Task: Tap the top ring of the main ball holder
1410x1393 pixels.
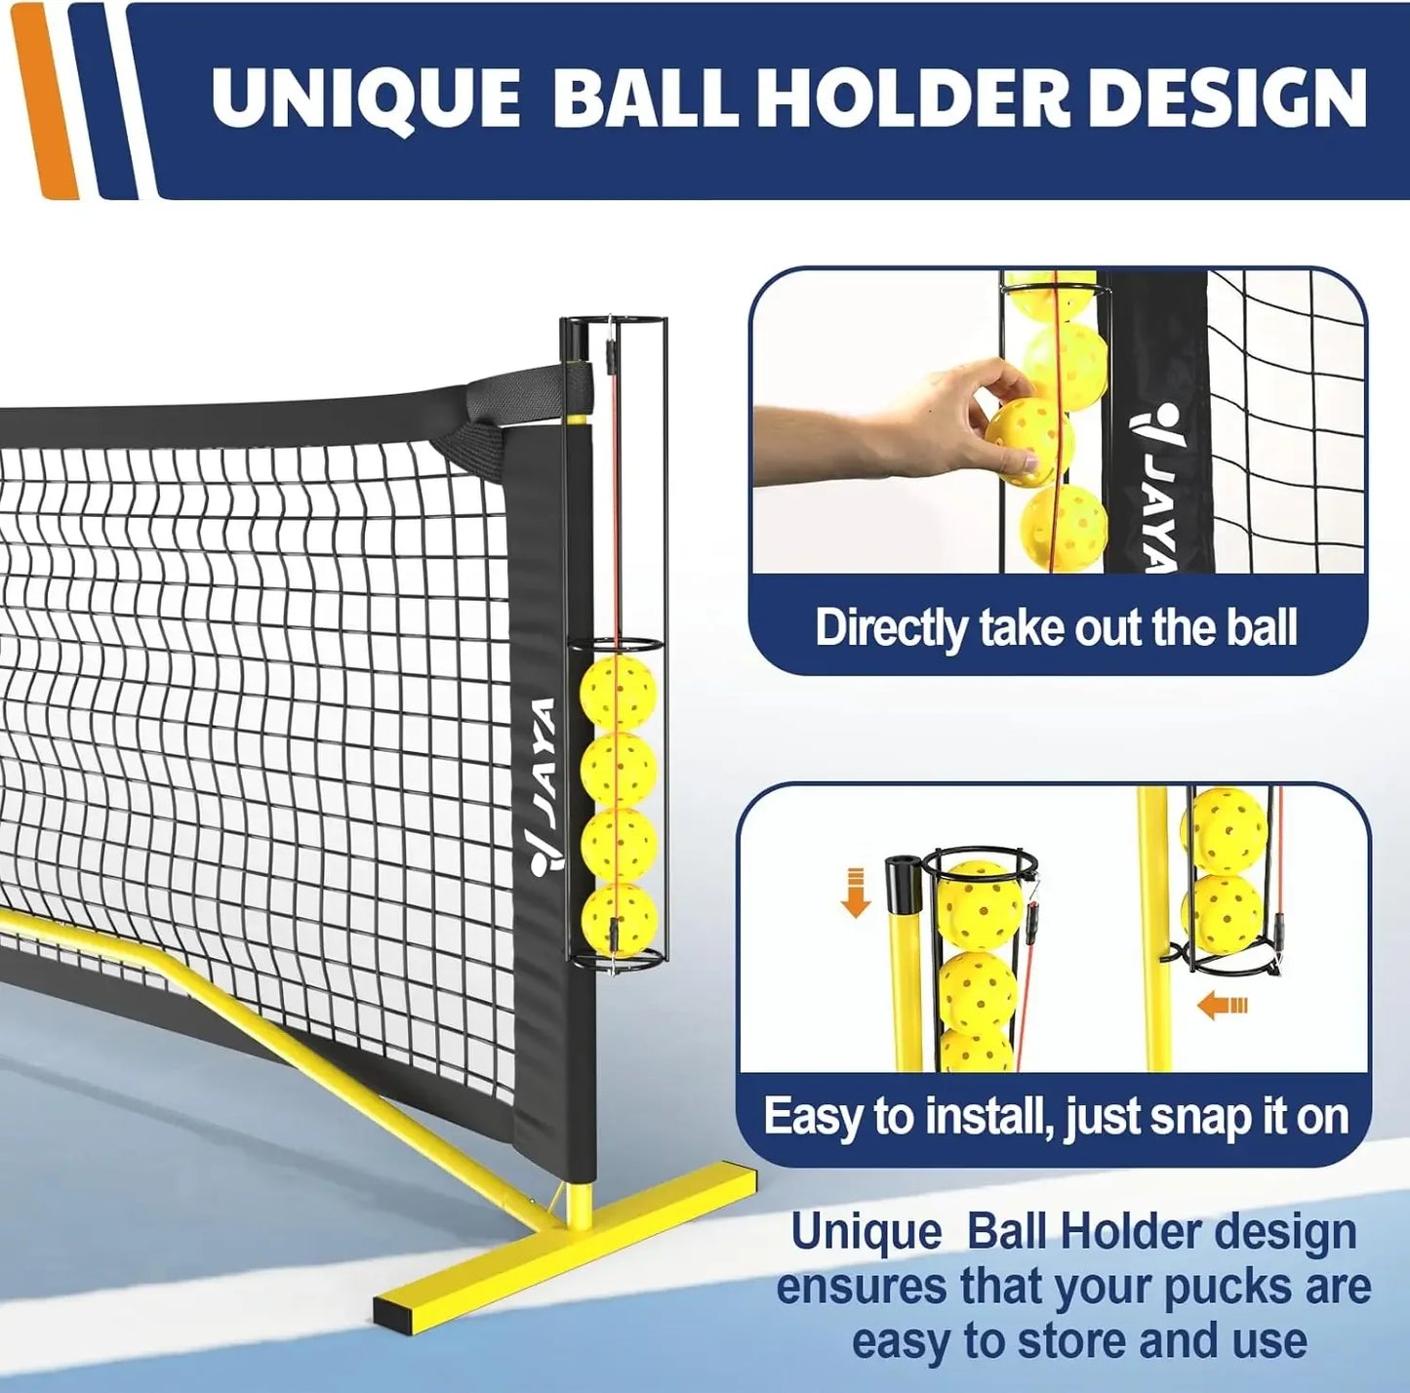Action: [613, 323]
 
